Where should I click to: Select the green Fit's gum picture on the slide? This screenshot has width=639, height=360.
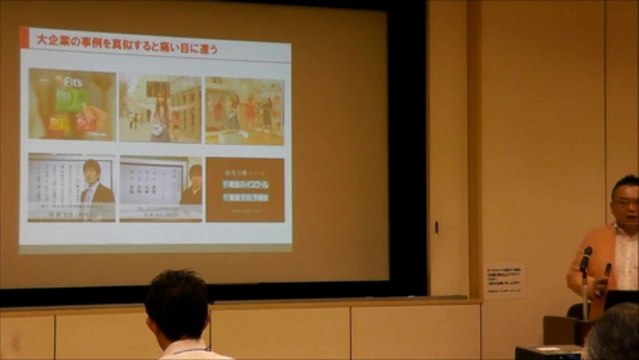click(72, 104)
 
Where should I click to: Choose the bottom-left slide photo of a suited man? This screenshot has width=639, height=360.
click(71, 187)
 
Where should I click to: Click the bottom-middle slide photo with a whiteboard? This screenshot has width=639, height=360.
click(160, 187)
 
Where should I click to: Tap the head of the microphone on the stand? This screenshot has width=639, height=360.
click(586, 254)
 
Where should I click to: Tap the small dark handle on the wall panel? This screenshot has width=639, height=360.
click(436, 227)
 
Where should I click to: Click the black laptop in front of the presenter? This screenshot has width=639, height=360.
click(621, 299)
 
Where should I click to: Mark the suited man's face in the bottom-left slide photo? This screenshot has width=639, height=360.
click(92, 170)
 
